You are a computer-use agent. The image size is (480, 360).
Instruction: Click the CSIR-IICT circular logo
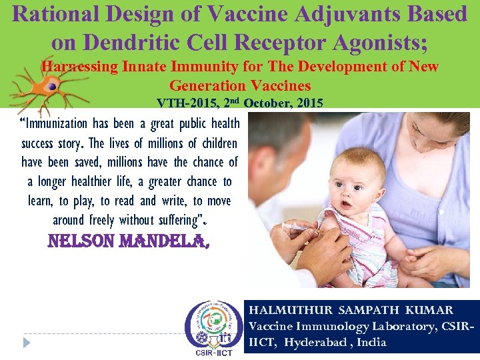(x=214, y=327)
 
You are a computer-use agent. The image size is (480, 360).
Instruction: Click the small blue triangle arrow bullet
(x=26, y=342)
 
